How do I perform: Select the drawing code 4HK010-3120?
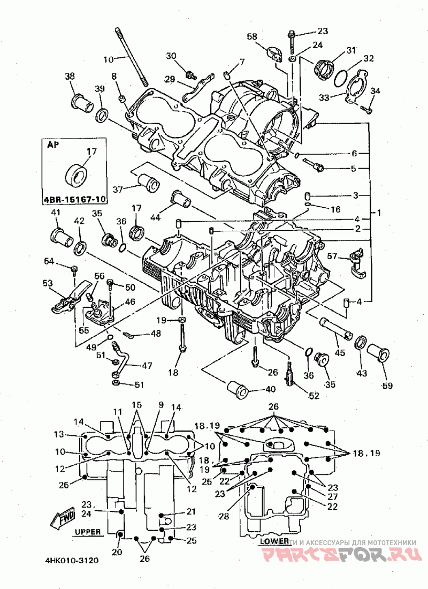(x=72, y=561)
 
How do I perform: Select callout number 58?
(x=251, y=36)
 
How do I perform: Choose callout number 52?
(x=314, y=396)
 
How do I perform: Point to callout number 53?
(x=48, y=282)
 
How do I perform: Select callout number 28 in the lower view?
(x=224, y=516)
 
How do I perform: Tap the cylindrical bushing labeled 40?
(x=237, y=390)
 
